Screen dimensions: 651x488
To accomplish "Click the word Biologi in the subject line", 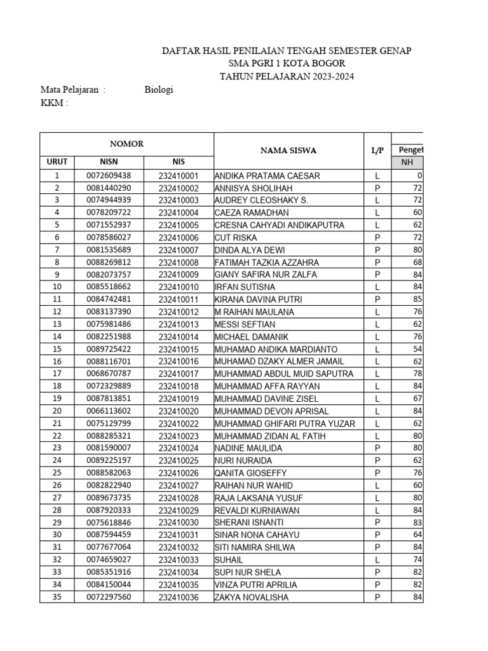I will point(159,90).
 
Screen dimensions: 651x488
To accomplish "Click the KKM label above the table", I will point(54,103).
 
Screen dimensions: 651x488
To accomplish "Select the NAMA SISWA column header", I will point(288,151).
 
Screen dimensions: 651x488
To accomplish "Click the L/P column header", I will point(377,151).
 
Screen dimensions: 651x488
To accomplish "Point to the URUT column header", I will point(57,162).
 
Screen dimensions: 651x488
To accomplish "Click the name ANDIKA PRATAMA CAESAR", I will point(268,175).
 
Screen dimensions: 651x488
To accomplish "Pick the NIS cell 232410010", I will point(179,287).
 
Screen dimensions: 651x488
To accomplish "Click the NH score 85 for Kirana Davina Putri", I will point(417,299).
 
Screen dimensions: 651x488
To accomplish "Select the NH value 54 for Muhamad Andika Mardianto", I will point(417,350).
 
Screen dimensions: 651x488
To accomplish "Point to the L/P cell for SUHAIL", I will point(377,560).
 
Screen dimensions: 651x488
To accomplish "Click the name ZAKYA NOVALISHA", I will point(252,598).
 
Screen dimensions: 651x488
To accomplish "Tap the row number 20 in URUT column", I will point(57,411).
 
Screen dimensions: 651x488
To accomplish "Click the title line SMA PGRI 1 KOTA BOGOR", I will point(287,64).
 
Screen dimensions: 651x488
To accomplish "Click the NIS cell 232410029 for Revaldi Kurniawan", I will point(179,511).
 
